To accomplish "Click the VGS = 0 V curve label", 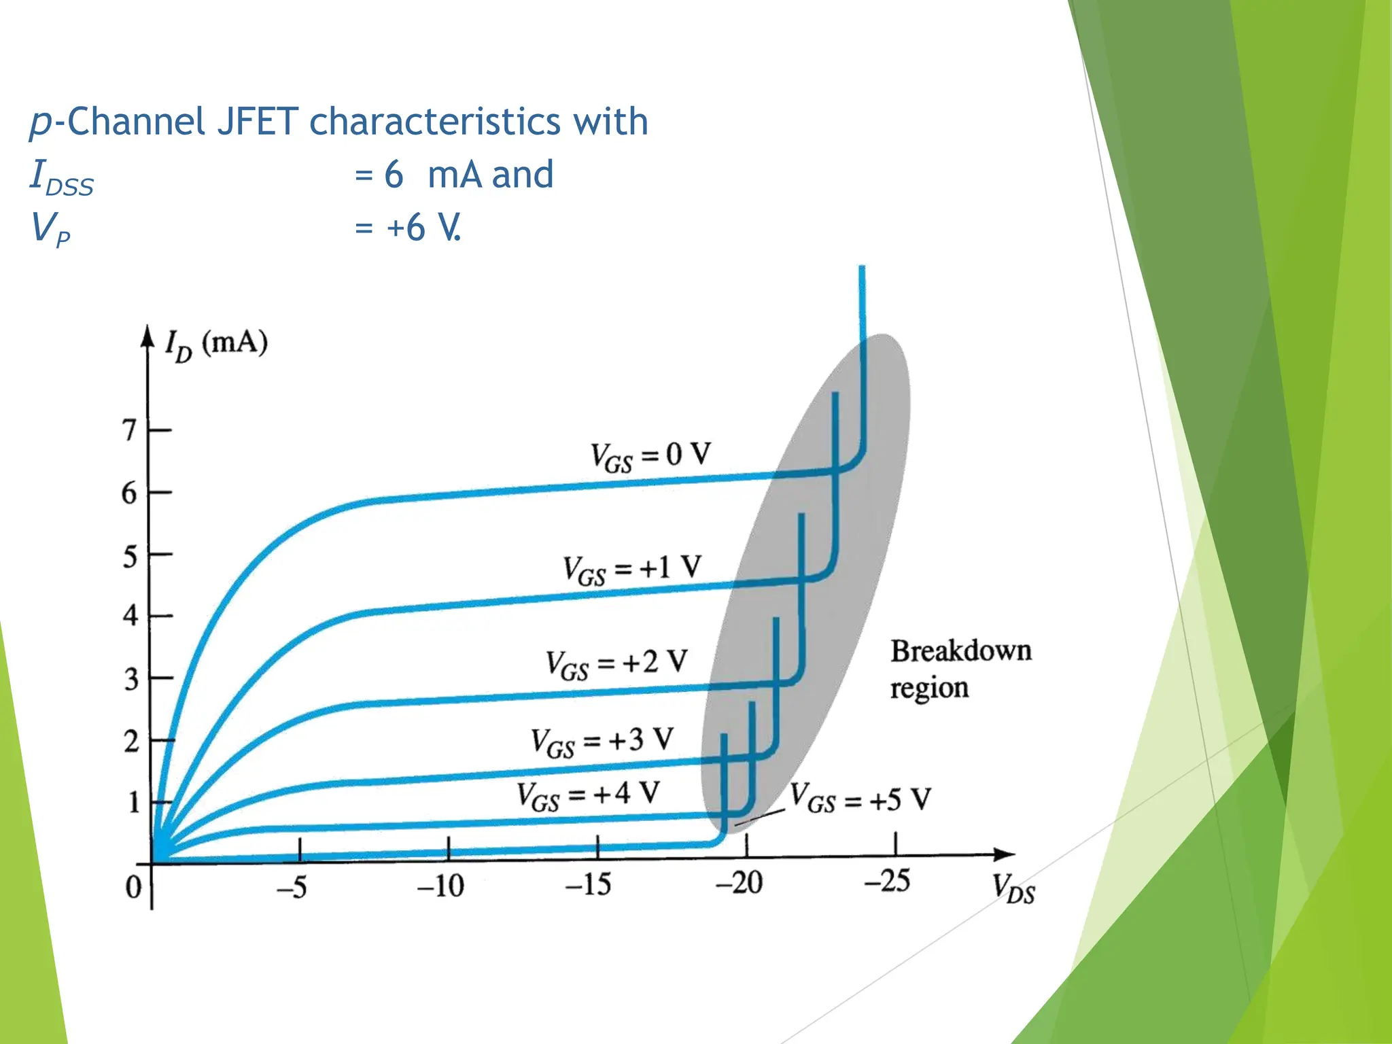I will (650, 456).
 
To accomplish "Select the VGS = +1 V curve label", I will (632, 569).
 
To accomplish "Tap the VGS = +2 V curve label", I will (616, 663).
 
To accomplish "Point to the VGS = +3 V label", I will (602, 742).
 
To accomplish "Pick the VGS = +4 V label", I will (588, 795).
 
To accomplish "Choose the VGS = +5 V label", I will (860, 799).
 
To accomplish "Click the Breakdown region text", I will (960, 669).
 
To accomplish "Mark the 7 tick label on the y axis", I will (129, 430).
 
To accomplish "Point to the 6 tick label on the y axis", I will (129, 493).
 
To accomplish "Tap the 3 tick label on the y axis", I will (130, 679).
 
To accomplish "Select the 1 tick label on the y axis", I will (134, 803).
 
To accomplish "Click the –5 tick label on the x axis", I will (292, 887).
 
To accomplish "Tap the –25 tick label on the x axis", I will (887, 882).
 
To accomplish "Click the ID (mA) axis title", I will (216, 344).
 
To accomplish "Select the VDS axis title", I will (1013, 888).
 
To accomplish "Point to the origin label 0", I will (133, 887).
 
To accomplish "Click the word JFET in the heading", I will (258, 122).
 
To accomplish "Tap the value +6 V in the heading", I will (423, 228).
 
